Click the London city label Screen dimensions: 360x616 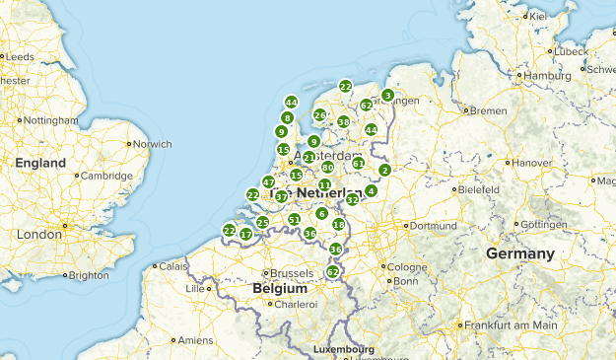tap(38, 235)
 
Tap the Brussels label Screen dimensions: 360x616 tap(293, 272)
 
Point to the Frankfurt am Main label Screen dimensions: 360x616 tap(511, 324)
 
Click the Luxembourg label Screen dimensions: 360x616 tap(343, 350)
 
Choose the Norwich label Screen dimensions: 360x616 tap(151, 144)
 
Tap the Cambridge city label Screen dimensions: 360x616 tap(107, 176)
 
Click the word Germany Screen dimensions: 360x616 tap(519, 253)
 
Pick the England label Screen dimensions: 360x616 tap(40, 163)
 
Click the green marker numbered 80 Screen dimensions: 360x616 tap(327, 168)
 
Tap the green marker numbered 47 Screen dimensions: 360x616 tap(268, 182)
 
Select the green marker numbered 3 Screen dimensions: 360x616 tap(387, 96)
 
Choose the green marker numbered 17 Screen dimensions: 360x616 tap(245, 234)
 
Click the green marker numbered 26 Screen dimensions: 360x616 tap(319, 115)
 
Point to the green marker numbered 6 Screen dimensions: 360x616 tap(321, 213)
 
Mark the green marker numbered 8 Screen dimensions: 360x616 tap(287, 118)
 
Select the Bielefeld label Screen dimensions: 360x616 tap(479, 188)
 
